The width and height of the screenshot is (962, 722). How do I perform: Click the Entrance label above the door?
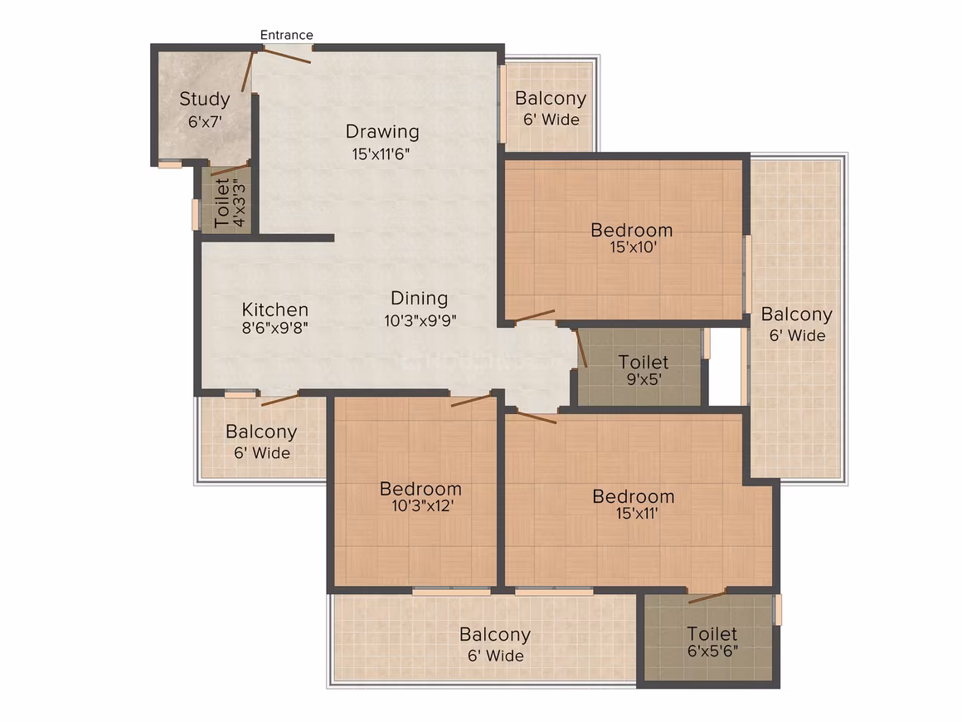[286, 35]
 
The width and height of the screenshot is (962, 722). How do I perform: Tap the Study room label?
[204, 99]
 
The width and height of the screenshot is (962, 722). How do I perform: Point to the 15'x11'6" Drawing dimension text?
[381, 154]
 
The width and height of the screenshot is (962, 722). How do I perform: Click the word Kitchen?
[275, 310]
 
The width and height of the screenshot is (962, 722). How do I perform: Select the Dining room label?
[419, 299]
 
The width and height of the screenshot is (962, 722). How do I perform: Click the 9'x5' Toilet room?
[639, 367]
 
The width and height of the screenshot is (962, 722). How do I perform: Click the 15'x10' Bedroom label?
[632, 230]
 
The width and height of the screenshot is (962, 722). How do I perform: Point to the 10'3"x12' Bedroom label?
[421, 489]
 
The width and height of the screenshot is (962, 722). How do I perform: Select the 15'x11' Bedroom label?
[633, 496]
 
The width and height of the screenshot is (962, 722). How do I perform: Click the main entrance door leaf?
[283, 56]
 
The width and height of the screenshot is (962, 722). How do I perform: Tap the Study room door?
[247, 72]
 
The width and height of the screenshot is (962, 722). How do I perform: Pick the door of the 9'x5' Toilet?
[581, 348]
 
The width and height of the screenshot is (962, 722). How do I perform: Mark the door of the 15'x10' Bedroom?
[535, 315]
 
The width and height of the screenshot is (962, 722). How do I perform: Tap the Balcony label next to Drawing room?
[551, 98]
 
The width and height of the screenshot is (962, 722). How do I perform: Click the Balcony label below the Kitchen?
[261, 432]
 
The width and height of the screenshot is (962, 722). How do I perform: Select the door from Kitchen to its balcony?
[279, 400]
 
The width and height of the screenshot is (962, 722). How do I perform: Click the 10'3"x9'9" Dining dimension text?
[420, 320]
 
